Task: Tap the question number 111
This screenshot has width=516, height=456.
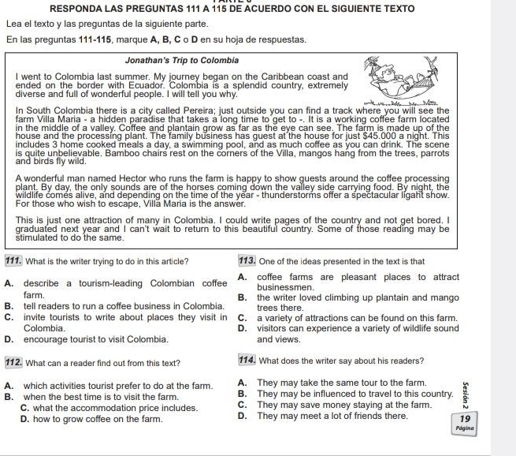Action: point(13,261)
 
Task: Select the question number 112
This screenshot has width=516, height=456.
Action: point(13,363)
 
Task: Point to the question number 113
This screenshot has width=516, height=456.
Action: point(247,261)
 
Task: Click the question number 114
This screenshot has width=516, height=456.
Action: point(247,361)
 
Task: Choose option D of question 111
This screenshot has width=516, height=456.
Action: point(8,339)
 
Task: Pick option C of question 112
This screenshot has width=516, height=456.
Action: point(24,408)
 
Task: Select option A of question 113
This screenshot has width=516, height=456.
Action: point(242,277)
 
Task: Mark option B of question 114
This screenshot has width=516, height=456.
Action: point(242,394)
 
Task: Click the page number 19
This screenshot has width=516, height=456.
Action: point(465,418)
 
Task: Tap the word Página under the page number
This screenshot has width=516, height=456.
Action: point(465,428)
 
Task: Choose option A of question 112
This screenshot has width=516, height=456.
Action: point(8,385)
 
